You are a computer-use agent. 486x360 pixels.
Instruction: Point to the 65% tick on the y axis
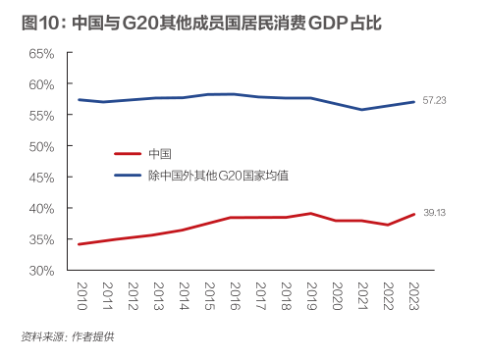point(39,53)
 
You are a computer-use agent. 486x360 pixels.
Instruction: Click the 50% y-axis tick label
point(39,146)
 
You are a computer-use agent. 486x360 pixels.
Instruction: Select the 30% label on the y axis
point(39,271)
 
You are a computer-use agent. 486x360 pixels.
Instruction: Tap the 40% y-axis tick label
point(39,208)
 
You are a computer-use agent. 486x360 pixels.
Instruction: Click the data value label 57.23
point(435,101)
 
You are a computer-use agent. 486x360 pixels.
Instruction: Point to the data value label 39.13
point(435,214)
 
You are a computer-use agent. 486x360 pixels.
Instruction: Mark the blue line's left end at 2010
point(80,99)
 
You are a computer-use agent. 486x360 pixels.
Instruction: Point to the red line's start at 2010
point(80,244)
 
